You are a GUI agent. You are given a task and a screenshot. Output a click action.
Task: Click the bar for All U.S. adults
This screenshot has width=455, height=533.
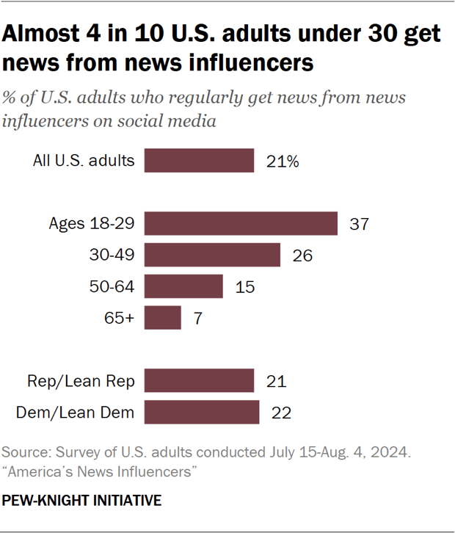click(x=199, y=161)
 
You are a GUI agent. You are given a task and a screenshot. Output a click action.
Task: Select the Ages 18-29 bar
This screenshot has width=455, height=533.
click(x=241, y=223)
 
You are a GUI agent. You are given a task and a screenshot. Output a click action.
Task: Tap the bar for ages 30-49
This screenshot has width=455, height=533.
click(x=212, y=255)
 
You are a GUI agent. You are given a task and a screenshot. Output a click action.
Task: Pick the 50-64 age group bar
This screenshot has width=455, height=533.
click(x=183, y=286)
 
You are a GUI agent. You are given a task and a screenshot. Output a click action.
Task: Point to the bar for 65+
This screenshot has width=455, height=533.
click(x=162, y=318)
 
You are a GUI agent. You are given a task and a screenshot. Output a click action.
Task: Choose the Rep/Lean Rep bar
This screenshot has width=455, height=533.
click(x=199, y=381)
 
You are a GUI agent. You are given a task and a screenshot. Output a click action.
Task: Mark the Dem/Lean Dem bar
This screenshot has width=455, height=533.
click(x=202, y=412)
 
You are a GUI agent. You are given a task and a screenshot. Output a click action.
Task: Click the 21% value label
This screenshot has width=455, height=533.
click(x=283, y=162)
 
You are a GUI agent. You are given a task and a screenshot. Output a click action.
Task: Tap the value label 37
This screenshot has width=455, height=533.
click(x=358, y=224)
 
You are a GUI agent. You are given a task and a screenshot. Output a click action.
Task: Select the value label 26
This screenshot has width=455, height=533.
click(x=302, y=255)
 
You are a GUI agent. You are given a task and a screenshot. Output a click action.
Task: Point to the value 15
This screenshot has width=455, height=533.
click(x=244, y=287)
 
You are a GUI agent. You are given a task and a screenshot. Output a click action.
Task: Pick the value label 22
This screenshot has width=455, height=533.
click(x=281, y=413)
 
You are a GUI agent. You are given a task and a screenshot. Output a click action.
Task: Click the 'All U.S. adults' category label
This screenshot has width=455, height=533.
click(x=84, y=161)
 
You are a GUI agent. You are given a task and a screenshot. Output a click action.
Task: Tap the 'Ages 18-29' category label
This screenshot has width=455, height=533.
click(x=92, y=224)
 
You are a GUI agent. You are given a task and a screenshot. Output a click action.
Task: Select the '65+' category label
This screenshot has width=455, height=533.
click(x=120, y=319)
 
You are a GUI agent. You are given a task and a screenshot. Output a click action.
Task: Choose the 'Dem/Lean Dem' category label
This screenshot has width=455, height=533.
click(x=75, y=413)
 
